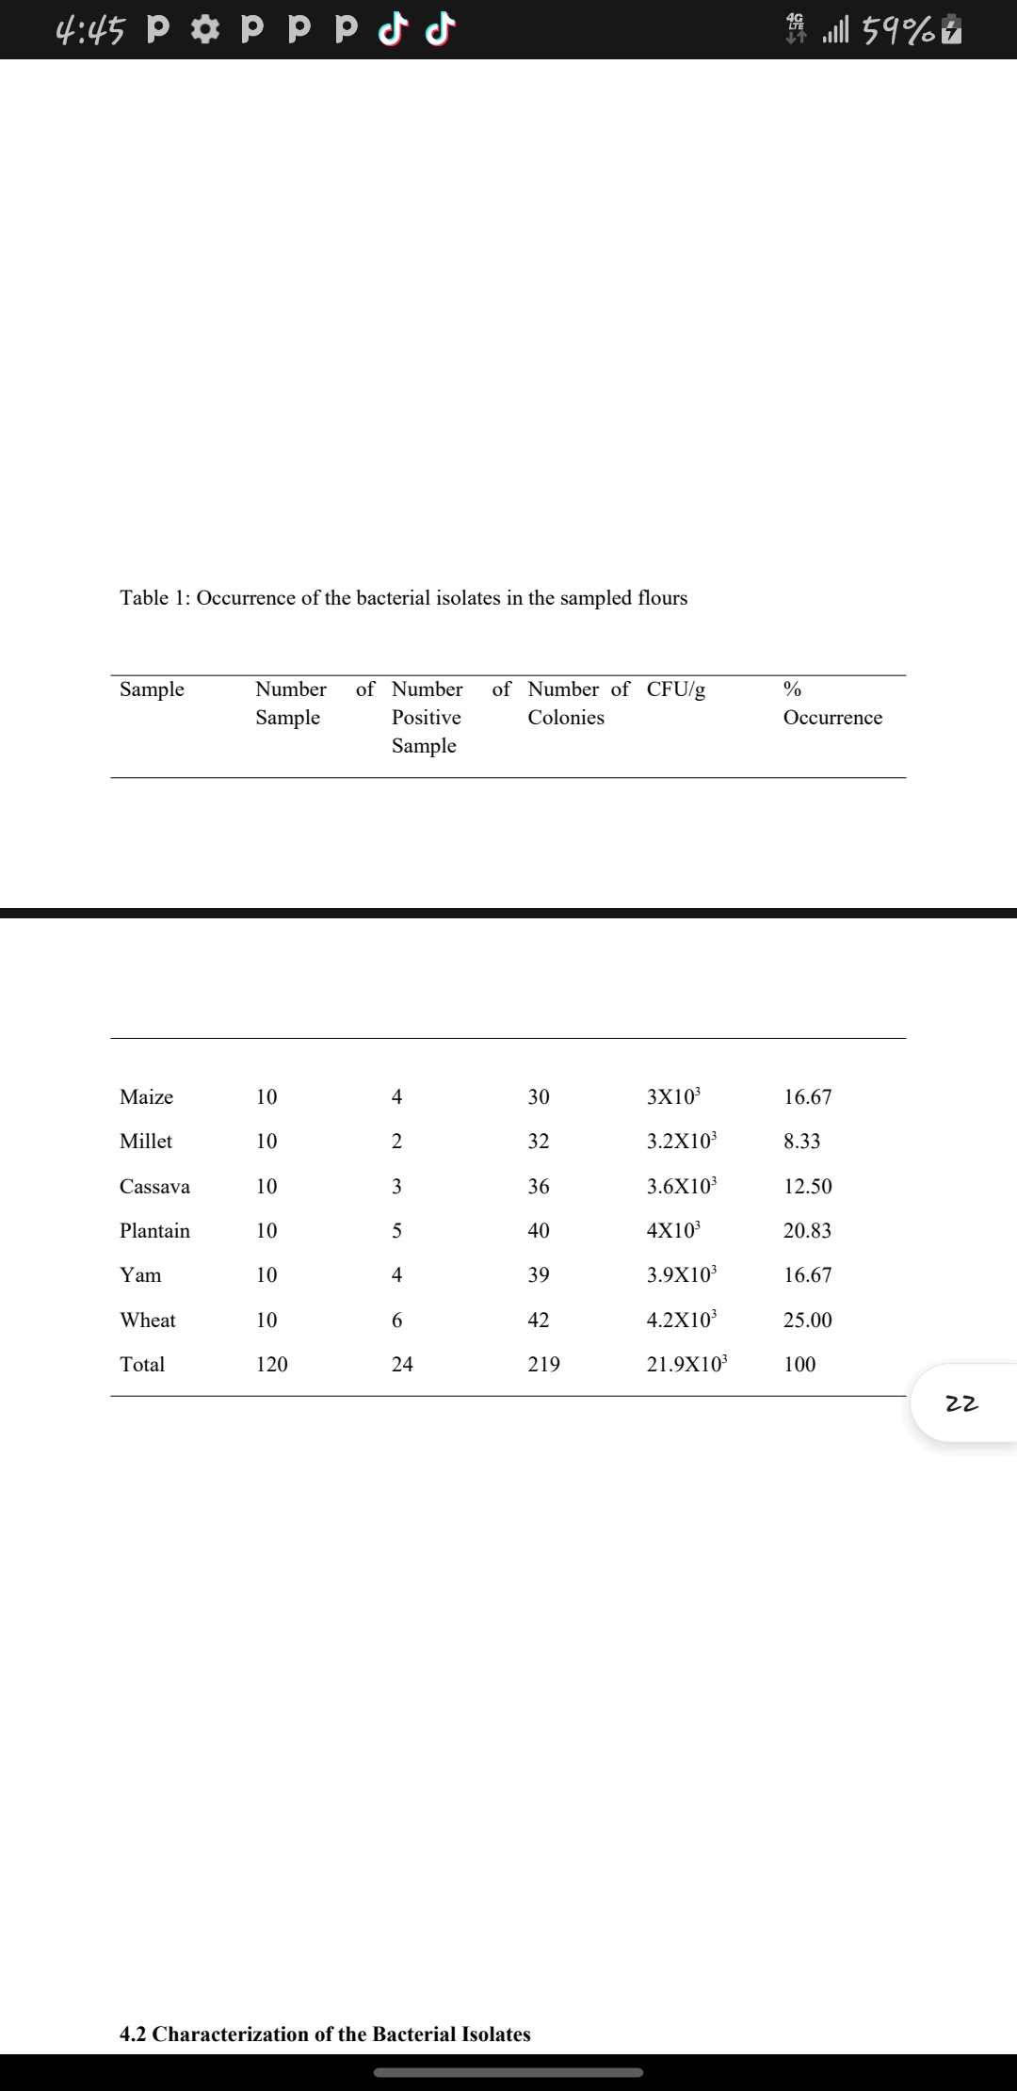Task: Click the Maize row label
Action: [x=146, y=1096]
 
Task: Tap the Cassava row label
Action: [x=154, y=1186]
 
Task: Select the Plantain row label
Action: [x=154, y=1230]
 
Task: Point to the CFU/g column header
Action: [x=675, y=689]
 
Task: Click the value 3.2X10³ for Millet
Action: [x=681, y=1141]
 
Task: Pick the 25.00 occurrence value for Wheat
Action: [x=807, y=1320]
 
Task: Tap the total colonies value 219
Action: [x=543, y=1364]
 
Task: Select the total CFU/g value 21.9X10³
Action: [x=686, y=1364]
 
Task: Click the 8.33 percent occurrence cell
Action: [x=801, y=1141]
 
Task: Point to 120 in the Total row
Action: [x=271, y=1364]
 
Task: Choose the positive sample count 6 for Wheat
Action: [x=396, y=1320]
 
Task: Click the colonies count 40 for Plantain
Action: [x=538, y=1230]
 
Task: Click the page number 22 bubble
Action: [x=961, y=1403]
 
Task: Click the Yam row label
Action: [x=140, y=1274]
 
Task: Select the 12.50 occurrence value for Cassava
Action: [x=807, y=1186]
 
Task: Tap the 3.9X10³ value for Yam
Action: [x=681, y=1274]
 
